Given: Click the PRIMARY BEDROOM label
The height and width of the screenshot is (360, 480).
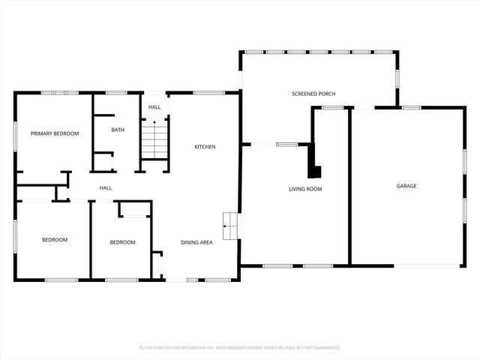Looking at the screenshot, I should coord(55,133).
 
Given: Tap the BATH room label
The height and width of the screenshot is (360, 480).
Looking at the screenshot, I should coord(118,130).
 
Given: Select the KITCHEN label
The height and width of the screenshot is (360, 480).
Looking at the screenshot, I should coord(205,147).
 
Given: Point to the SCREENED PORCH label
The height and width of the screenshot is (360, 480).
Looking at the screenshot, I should coord(313,94).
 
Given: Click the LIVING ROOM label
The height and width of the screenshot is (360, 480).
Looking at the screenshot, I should coord(305,189).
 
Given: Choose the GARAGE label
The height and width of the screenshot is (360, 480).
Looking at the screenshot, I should coord(406,186).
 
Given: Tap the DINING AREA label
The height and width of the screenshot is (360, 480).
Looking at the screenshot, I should coord(196,242).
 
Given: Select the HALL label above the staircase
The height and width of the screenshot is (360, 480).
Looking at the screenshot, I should coord(154,107).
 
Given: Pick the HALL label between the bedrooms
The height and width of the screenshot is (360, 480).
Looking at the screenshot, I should coord(106,187).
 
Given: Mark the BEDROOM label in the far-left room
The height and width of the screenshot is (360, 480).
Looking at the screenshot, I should coord(54,240).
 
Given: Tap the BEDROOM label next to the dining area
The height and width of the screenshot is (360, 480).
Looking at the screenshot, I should coord(122,242).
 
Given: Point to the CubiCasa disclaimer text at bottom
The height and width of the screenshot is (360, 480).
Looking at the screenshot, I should coord(240,348).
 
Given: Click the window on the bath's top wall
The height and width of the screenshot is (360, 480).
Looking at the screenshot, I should coord(116,93).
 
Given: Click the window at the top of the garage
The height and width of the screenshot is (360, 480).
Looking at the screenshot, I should coord(409,108).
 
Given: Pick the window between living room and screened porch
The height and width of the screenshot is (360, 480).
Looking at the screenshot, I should coord(286,144).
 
